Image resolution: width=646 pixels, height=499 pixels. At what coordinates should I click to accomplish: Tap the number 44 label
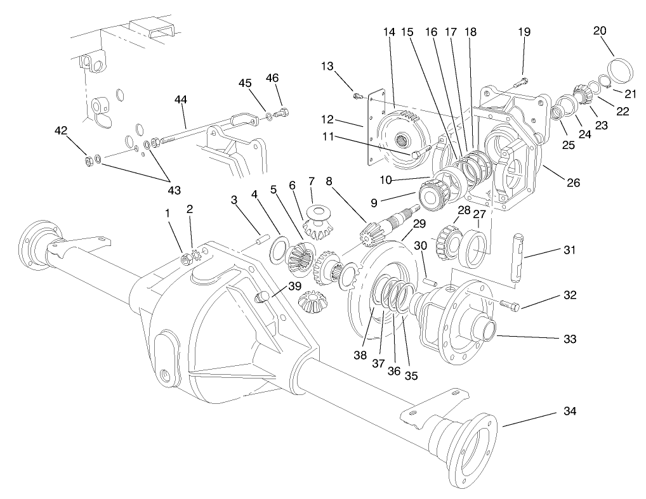181,99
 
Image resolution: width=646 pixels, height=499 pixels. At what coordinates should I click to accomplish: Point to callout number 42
61,131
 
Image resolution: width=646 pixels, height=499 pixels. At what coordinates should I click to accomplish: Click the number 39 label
294,286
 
